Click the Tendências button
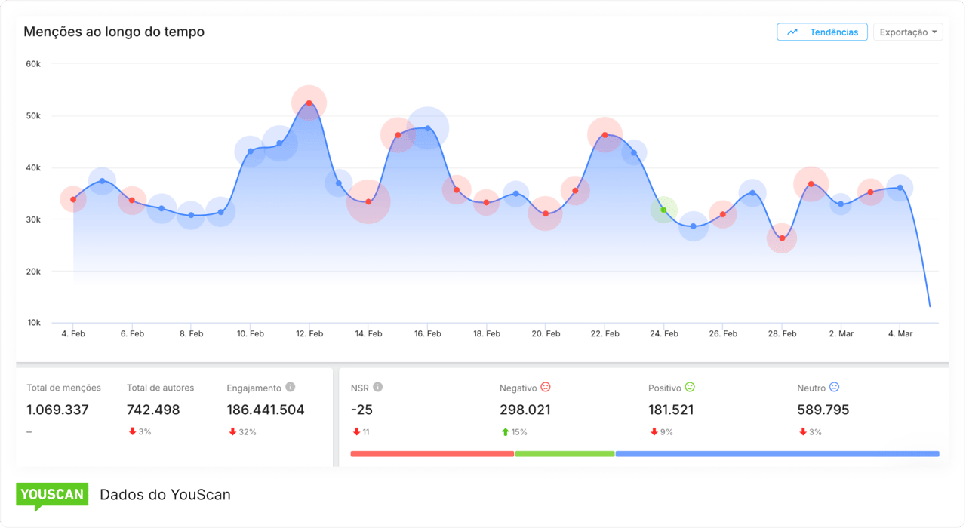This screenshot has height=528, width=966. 822,32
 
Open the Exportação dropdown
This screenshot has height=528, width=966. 908,32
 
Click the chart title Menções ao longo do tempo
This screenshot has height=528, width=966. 114,32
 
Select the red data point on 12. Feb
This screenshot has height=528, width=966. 309,103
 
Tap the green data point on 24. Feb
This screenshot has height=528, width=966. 664,210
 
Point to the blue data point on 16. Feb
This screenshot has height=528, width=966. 428,128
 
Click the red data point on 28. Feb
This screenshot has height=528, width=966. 782,238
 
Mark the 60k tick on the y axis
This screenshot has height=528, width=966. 32,64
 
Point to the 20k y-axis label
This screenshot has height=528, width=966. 32,272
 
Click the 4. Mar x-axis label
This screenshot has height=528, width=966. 900,333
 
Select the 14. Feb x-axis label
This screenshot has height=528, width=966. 368,333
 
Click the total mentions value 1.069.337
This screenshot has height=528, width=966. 57,410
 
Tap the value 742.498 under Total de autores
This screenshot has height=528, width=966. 153,410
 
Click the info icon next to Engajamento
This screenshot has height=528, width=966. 291,387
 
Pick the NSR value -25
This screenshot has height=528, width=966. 361,410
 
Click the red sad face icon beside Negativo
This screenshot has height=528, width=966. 546,387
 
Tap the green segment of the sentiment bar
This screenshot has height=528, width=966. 565,454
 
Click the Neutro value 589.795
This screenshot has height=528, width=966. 823,410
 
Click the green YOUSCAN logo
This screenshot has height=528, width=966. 52,495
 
